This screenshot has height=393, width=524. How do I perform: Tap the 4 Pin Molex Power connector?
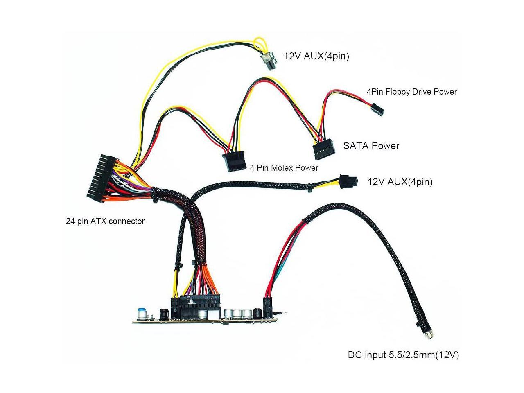(x=235, y=162)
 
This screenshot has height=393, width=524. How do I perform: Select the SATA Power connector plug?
(x=325, y=151)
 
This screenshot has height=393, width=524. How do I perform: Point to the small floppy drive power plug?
(x=377, y=110)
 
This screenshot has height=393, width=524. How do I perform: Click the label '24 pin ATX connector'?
(x=105, y=221)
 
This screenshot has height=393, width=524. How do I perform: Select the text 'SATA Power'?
(x=371, y=145)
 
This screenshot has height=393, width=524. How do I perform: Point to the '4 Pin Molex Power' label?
(x=284, y=168)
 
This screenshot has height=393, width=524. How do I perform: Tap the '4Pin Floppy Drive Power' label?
(x=411, y=92)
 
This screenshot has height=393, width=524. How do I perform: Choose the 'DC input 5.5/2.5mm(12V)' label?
(x=403, y=355)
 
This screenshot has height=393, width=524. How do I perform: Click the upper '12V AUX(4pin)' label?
(x=316, y=56)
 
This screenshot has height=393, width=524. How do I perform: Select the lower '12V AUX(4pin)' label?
(x=400, y=181)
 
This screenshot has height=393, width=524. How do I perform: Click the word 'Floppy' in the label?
(x=397, y=92)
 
